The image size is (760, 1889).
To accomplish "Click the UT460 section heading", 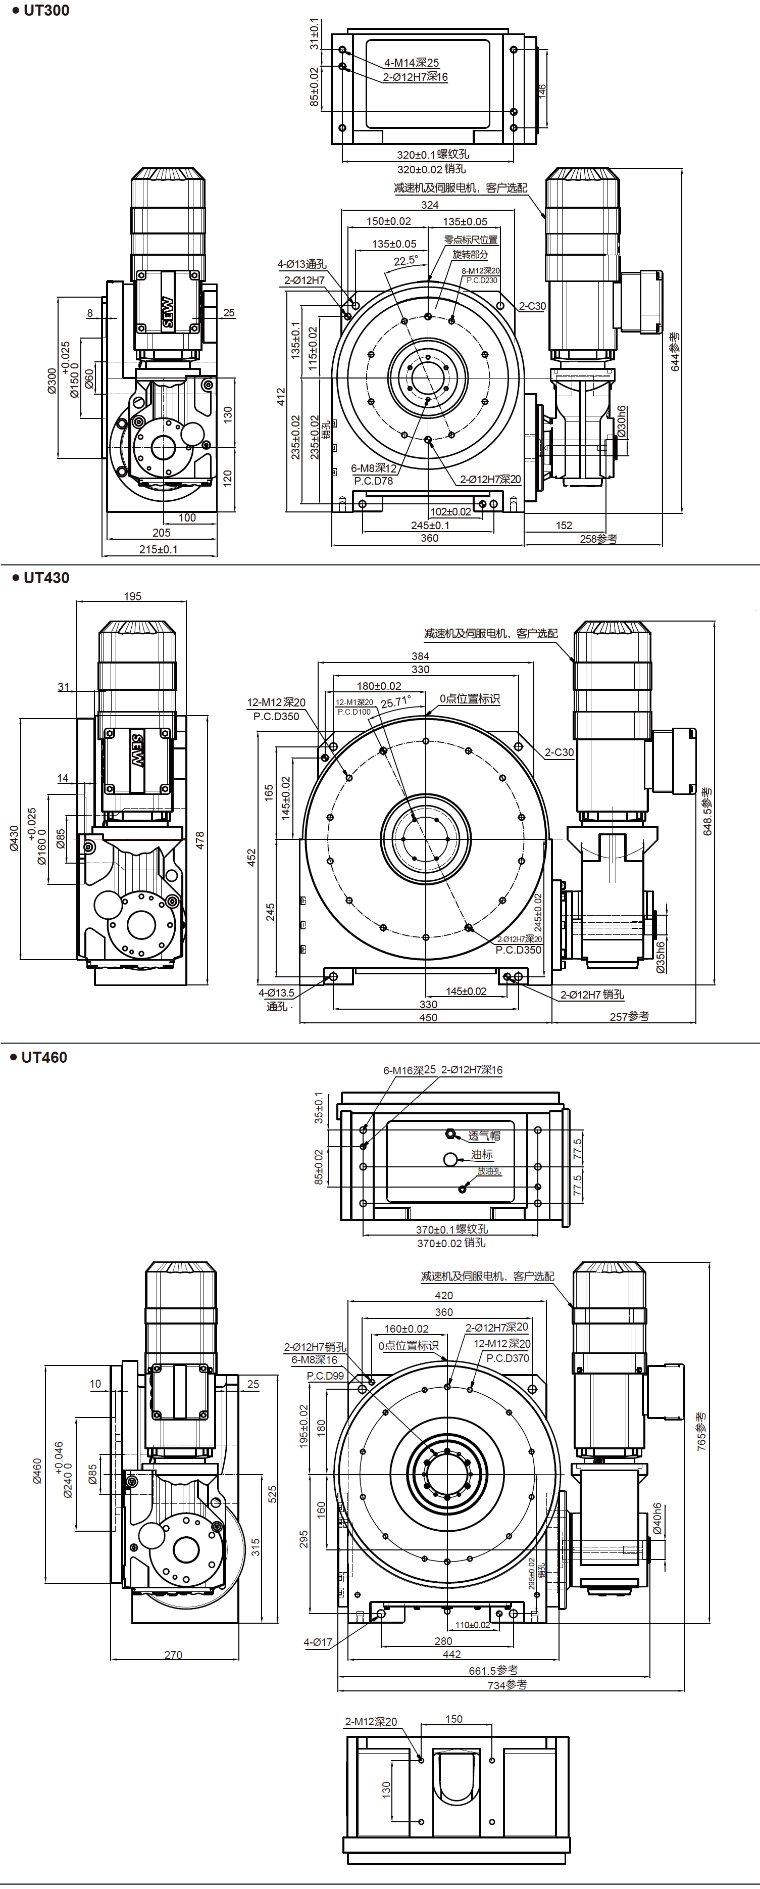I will coord(43,1057).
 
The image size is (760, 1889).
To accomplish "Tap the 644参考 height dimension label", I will coord(675,352).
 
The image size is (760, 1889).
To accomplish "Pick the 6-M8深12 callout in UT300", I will coord(373,468).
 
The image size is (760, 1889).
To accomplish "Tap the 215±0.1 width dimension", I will coord(158,549).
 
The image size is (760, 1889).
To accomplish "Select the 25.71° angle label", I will coord(396,702).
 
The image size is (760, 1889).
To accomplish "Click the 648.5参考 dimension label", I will coord(707,812).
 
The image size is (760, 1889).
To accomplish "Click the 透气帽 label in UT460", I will coord(484,1136).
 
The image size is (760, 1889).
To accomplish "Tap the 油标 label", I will coord(482,1155).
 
